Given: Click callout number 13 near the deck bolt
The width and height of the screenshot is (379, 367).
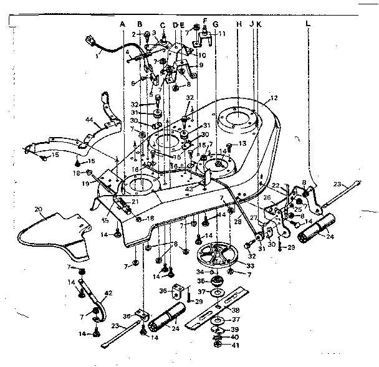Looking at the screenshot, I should point(242,144).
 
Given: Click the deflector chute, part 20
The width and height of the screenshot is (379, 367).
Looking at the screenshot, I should point(59,234).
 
